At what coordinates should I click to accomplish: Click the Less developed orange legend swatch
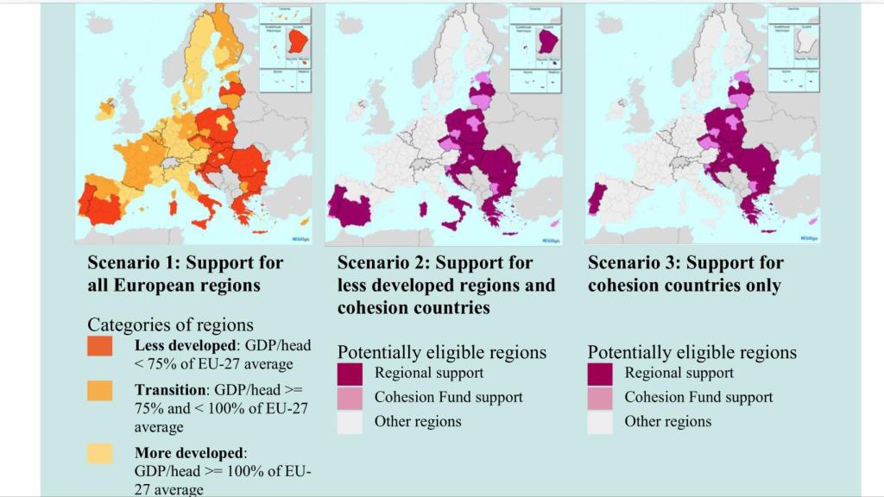click(x=100, y=346)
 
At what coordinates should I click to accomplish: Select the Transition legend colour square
click(x=100, y=390)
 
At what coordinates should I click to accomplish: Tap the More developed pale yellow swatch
click(x=100, y=453)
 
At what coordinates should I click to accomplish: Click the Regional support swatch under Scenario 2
click(x=350, y=374)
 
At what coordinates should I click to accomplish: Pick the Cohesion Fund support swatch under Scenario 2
click(x=350, y=398)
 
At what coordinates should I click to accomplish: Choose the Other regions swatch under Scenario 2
click(x=350, y=422)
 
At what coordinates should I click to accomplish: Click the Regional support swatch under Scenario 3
click(x=600, y=374)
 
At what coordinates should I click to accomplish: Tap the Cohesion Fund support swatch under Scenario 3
click(x=600, y=398)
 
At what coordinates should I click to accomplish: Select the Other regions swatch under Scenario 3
click(x=600, y=422)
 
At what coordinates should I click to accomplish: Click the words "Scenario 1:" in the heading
click(x=133, y=262)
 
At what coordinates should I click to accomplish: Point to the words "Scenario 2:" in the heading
click(x=383, y=262)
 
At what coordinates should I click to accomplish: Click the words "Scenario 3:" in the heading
click(x=634, y=262)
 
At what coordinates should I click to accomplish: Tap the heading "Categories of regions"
click(x=170, y=324)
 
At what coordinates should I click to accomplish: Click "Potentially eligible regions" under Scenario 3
click(x=692, y=352)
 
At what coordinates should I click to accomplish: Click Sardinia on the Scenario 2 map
click(x=423, y=209)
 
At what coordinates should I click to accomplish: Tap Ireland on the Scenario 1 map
click(x=106, y=110)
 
